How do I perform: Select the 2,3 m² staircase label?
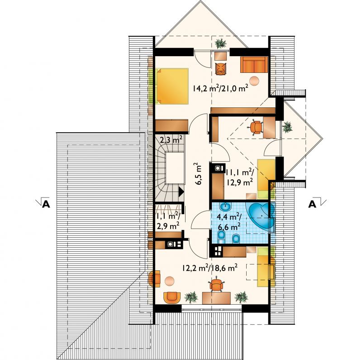tap(171, 139)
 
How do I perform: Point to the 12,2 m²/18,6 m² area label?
tap(210, 268)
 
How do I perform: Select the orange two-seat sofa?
tap(254, 64)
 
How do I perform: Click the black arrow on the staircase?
tap(181, 192)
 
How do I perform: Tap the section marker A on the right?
tap(312, 204)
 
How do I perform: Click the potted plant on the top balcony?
tap(220, 43)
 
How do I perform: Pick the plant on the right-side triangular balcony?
tap(287, 127)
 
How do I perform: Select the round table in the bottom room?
tap(170, 281)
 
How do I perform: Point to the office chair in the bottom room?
tap(217, 284)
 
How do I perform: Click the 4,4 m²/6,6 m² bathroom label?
tap(229, 222)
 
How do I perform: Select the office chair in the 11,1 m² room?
tap(256, 127)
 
